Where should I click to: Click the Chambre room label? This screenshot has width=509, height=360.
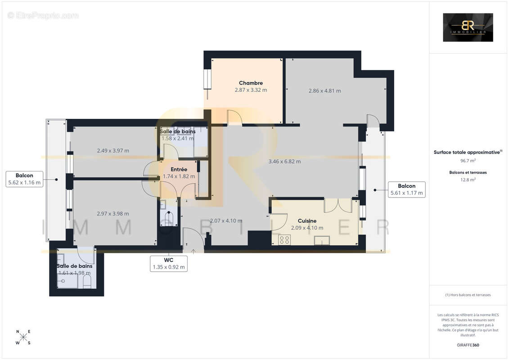pyautogui.click(x=251, y=83)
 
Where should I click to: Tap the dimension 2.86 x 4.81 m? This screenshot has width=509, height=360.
pyautogui.click(x=324, y=90)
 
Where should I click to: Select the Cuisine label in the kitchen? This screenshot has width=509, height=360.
pyautogui.click(x=307, y=221)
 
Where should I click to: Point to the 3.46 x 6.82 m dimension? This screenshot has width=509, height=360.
pyautogui.click(x=284, y=161)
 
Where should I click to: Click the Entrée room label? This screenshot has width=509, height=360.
pyautogui.click(x=179, y=169)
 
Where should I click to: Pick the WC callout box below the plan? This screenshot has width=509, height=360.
pyautogui.click(x=169, y=264)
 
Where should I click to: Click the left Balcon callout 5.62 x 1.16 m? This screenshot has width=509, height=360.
pyautogui.click(x=24, y=179)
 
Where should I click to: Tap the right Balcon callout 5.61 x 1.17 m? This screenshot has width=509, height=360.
pyautogui.click(x=406, y=189)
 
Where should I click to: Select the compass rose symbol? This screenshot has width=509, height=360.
pyautogui.click(x=23, y=337)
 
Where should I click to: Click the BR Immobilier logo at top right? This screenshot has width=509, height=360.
pyautogui.click(x=468, y=27)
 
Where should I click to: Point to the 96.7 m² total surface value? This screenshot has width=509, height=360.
pyautogui.click(x=468, y=160)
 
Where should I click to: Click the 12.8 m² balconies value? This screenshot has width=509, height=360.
pyautogui.click(x=468, y=179)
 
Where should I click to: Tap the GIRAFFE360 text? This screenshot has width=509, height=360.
pyautogui.click(x=468, y=345)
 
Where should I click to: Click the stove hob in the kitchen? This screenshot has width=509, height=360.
pyautogui.click(x=284, y=240)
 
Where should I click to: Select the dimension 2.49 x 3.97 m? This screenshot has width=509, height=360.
pyautogui.click(x=113, y=150)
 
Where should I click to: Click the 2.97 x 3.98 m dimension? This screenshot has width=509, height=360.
pyautogui.click(x=113, y=213)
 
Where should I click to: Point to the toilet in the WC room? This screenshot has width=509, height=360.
pyautogui.click(x=169, y=219)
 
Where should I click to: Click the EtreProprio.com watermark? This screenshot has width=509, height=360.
pyautogui.click(x=43, y=16)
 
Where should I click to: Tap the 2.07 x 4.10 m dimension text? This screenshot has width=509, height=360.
pyautogui.click(x=226, y=220)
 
